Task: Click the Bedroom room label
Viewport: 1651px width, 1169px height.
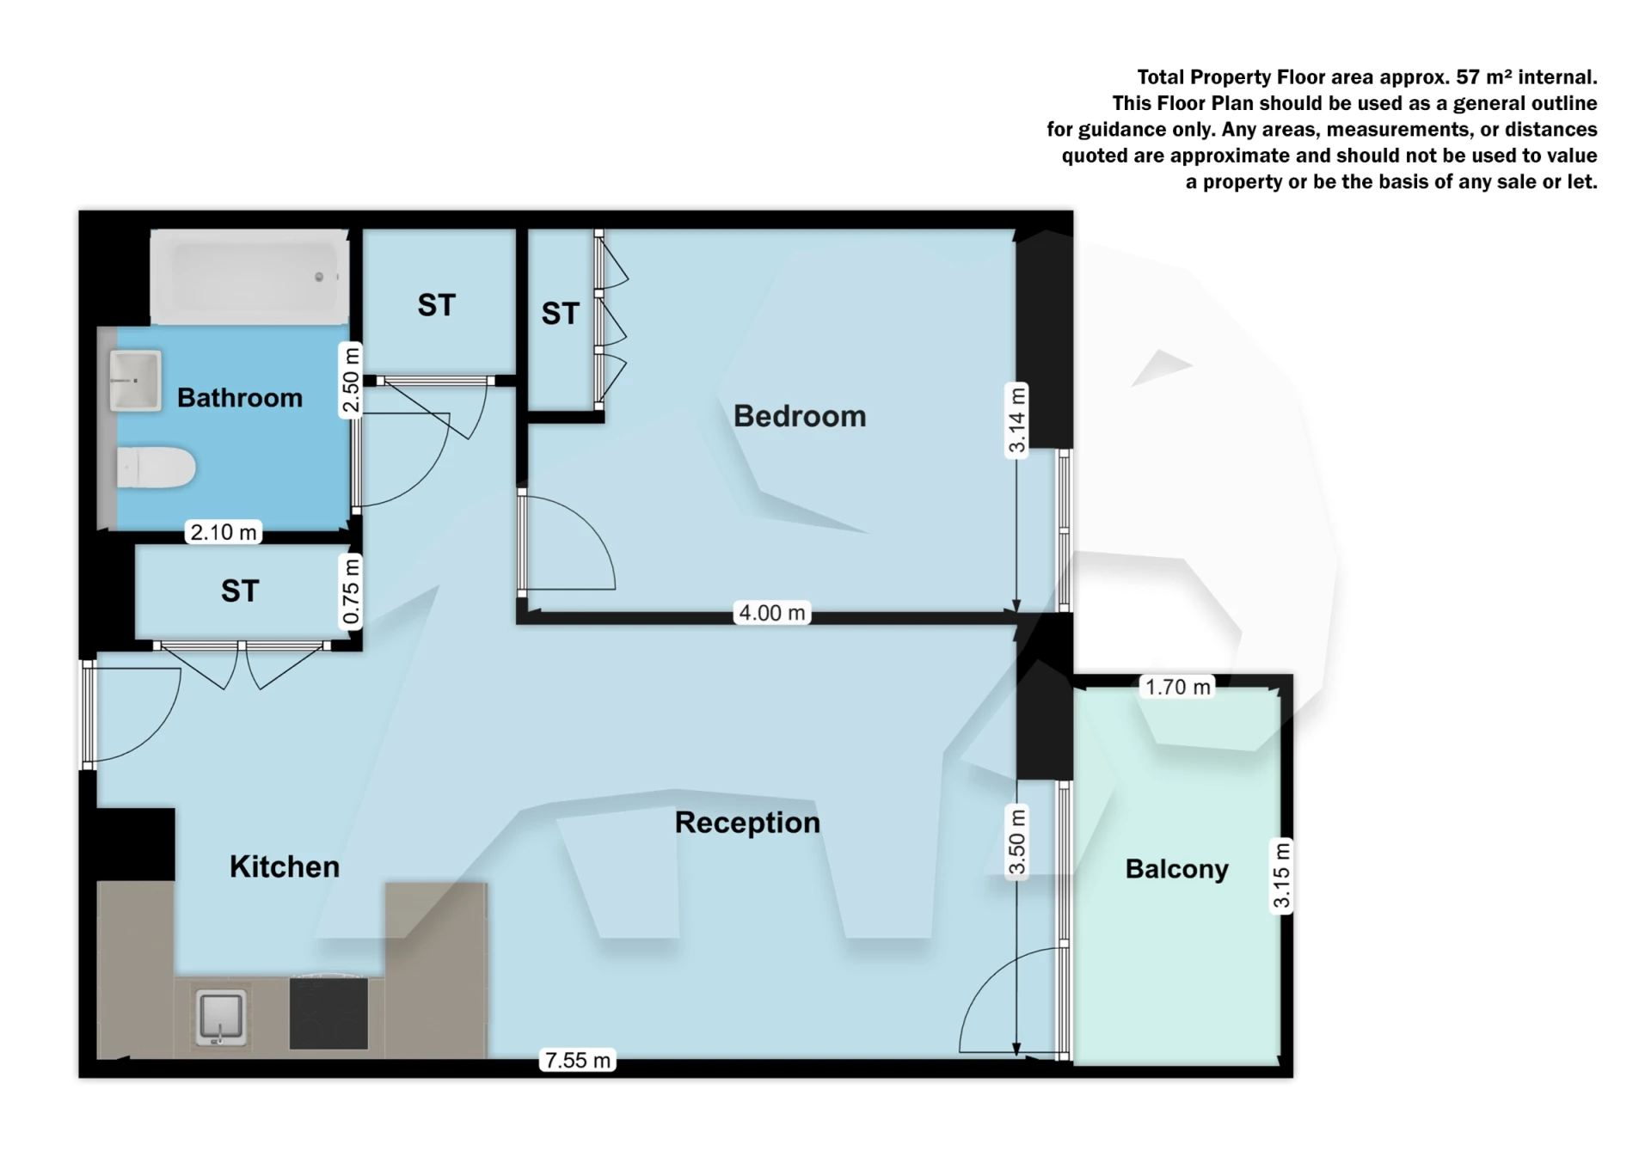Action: coord(799,416)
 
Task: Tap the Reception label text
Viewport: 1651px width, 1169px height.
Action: coord(747,823)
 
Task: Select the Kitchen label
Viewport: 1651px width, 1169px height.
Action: coord(284,866)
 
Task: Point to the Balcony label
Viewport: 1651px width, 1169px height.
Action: coord(1176,869)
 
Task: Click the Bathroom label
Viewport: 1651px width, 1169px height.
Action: coord(239,398)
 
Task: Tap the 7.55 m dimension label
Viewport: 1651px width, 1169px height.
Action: coord(578,1060)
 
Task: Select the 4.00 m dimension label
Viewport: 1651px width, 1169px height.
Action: coord(772,613)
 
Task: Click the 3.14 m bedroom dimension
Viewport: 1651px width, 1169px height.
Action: coord(1016,420)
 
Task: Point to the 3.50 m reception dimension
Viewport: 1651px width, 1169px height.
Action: coord(1016,842)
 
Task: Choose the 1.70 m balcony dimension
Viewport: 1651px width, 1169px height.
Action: coord(1177,687)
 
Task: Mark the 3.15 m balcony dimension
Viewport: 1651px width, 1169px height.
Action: coord(1281,875)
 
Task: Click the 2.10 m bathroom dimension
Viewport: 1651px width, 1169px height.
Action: coord(224,532)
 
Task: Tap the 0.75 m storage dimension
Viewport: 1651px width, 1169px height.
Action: coord(350,591)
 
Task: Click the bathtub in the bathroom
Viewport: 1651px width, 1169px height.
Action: coord(250,277)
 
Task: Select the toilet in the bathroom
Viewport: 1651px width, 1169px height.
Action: coord(155,468)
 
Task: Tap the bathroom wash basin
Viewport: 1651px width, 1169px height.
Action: coord(136,380)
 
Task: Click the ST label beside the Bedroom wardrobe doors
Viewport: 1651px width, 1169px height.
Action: coord(560,314)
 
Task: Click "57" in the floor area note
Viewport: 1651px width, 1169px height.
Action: coord(1467,77)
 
